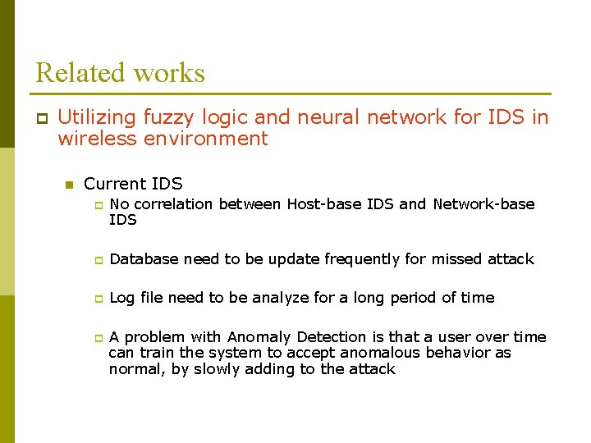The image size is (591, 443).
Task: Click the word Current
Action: point(112,184)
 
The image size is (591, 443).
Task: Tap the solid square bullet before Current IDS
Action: point(70,185)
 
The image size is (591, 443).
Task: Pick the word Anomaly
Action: point(260,337)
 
